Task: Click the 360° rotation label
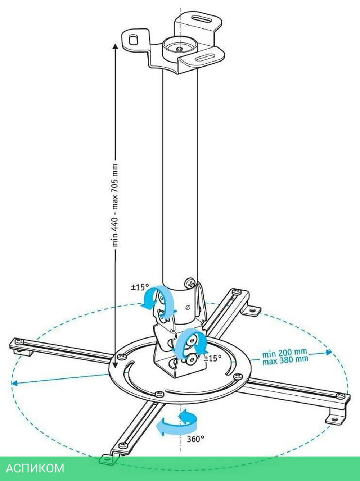tap(195, 439)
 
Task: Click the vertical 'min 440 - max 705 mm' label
tap(115, 205)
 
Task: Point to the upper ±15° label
tap(140, 287)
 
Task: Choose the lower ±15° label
tap(212, 358)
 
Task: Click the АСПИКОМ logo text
tap(35, 468)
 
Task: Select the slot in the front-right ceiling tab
tap(205, 58)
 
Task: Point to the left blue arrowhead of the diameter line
tap(14, 384)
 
